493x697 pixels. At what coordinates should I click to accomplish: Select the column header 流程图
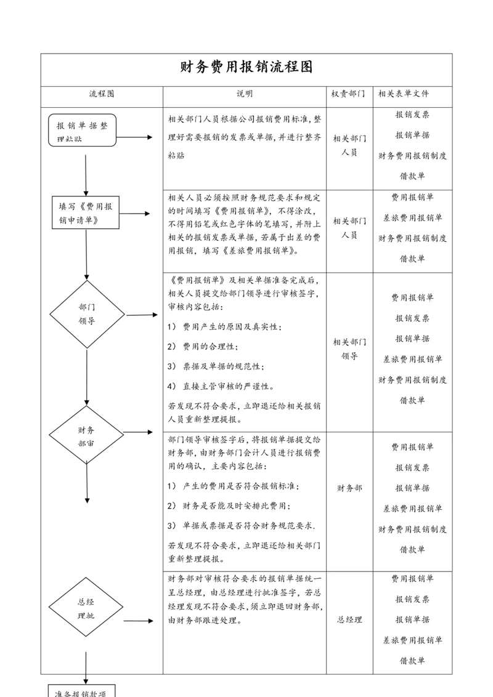[102, 94]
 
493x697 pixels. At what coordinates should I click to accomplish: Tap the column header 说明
[245, 94]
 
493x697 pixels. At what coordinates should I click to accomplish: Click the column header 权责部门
[348, 94]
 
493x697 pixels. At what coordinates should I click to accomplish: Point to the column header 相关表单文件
[404, 94]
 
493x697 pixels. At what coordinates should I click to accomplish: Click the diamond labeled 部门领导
[86, 314]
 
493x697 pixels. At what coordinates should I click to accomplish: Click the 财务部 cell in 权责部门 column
[349, 488]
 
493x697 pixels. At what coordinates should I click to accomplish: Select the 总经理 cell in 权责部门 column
[349, 620]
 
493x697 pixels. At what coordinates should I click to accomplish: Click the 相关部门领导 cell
[349, 349]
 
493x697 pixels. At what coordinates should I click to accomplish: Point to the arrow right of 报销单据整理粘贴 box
[136, 137]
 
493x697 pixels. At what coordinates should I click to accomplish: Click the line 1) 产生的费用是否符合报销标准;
[233, 486]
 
